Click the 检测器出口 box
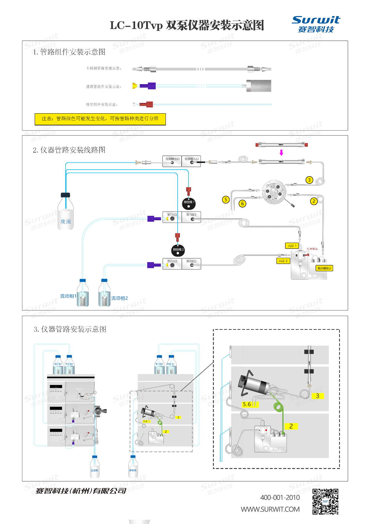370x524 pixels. pos(172,161)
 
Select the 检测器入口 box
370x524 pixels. pos(191,161)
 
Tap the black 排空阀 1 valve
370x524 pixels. pos(189,203)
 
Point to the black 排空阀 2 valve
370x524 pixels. pos(178,251)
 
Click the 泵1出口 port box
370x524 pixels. pos(191,217)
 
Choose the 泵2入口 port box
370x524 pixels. pos(172,264)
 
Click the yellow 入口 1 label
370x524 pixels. pos(292,246)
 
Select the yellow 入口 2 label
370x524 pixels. pos(283,261)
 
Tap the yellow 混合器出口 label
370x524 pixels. pos(324,268)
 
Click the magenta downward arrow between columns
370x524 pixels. pos(281,153)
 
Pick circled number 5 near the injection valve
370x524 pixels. pos(226,199)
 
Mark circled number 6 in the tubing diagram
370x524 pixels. pos(242,203)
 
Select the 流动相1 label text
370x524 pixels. pos(68,296)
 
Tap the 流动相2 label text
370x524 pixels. pos(119,298)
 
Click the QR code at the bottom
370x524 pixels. pos(325,501)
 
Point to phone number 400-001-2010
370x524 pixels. pos(280,497)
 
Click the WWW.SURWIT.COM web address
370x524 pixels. pos(270,509)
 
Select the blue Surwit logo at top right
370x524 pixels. pos(316,24)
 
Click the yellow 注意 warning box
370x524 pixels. pos(100,119)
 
